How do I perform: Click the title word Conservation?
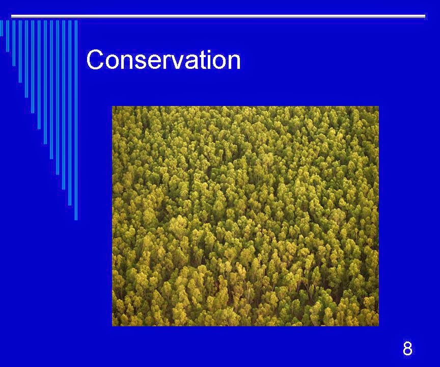[x=163, y=59]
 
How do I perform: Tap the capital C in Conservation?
[x=95, y=59]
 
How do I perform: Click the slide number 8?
[x=407, y=349]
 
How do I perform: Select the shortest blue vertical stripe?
[x=2, y=28]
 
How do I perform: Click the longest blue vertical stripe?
[x=76, y=120]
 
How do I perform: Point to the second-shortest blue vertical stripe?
[x=8, y=36]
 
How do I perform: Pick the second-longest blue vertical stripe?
[x=70, y=113]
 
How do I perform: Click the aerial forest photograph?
[x=245, y=216]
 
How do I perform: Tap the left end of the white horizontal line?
[x=12, y=16]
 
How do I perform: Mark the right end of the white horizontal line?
[x=425, y=16]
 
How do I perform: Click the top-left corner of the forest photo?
[x=112, y=106]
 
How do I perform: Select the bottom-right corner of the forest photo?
[x=379, y=326]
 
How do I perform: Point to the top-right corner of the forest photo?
[x=379, y=106]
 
